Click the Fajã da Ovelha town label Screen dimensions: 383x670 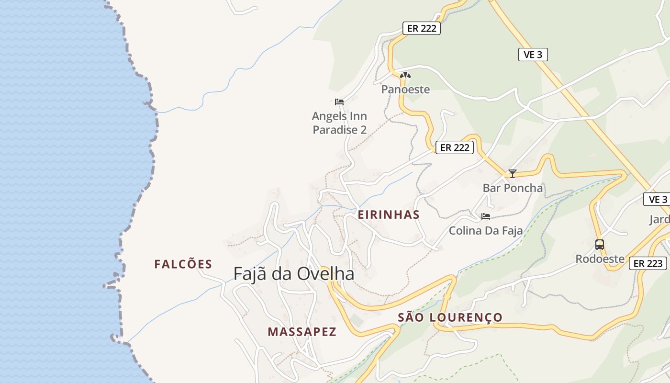pos(294,274)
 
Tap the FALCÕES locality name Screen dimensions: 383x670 pos(183,264)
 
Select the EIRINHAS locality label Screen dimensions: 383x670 pos(388,215)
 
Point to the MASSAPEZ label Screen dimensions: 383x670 pos(302,332)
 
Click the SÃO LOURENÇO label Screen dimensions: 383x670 pos(450,317)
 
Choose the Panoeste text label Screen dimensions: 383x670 pos(405,90)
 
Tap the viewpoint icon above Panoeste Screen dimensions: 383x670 pos(405,75)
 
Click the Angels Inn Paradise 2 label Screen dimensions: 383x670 pos(340,123)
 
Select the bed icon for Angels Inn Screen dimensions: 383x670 pos(339,101)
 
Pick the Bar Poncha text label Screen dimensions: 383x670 pos(513,188)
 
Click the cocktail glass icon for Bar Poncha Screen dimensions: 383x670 pos(513,173)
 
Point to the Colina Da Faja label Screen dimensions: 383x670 pos(486,231)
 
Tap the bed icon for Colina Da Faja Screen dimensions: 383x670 pos(486,216)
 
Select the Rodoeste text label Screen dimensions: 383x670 pos(600,259)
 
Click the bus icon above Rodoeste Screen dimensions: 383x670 pos(600,245)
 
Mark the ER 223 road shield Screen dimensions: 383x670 pos(648,263)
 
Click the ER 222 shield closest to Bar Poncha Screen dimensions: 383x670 pos(455,147)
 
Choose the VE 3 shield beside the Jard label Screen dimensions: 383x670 pos(658,199)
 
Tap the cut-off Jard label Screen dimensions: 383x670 pos(659,220)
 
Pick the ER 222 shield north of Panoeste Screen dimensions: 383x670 pos(421,28)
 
